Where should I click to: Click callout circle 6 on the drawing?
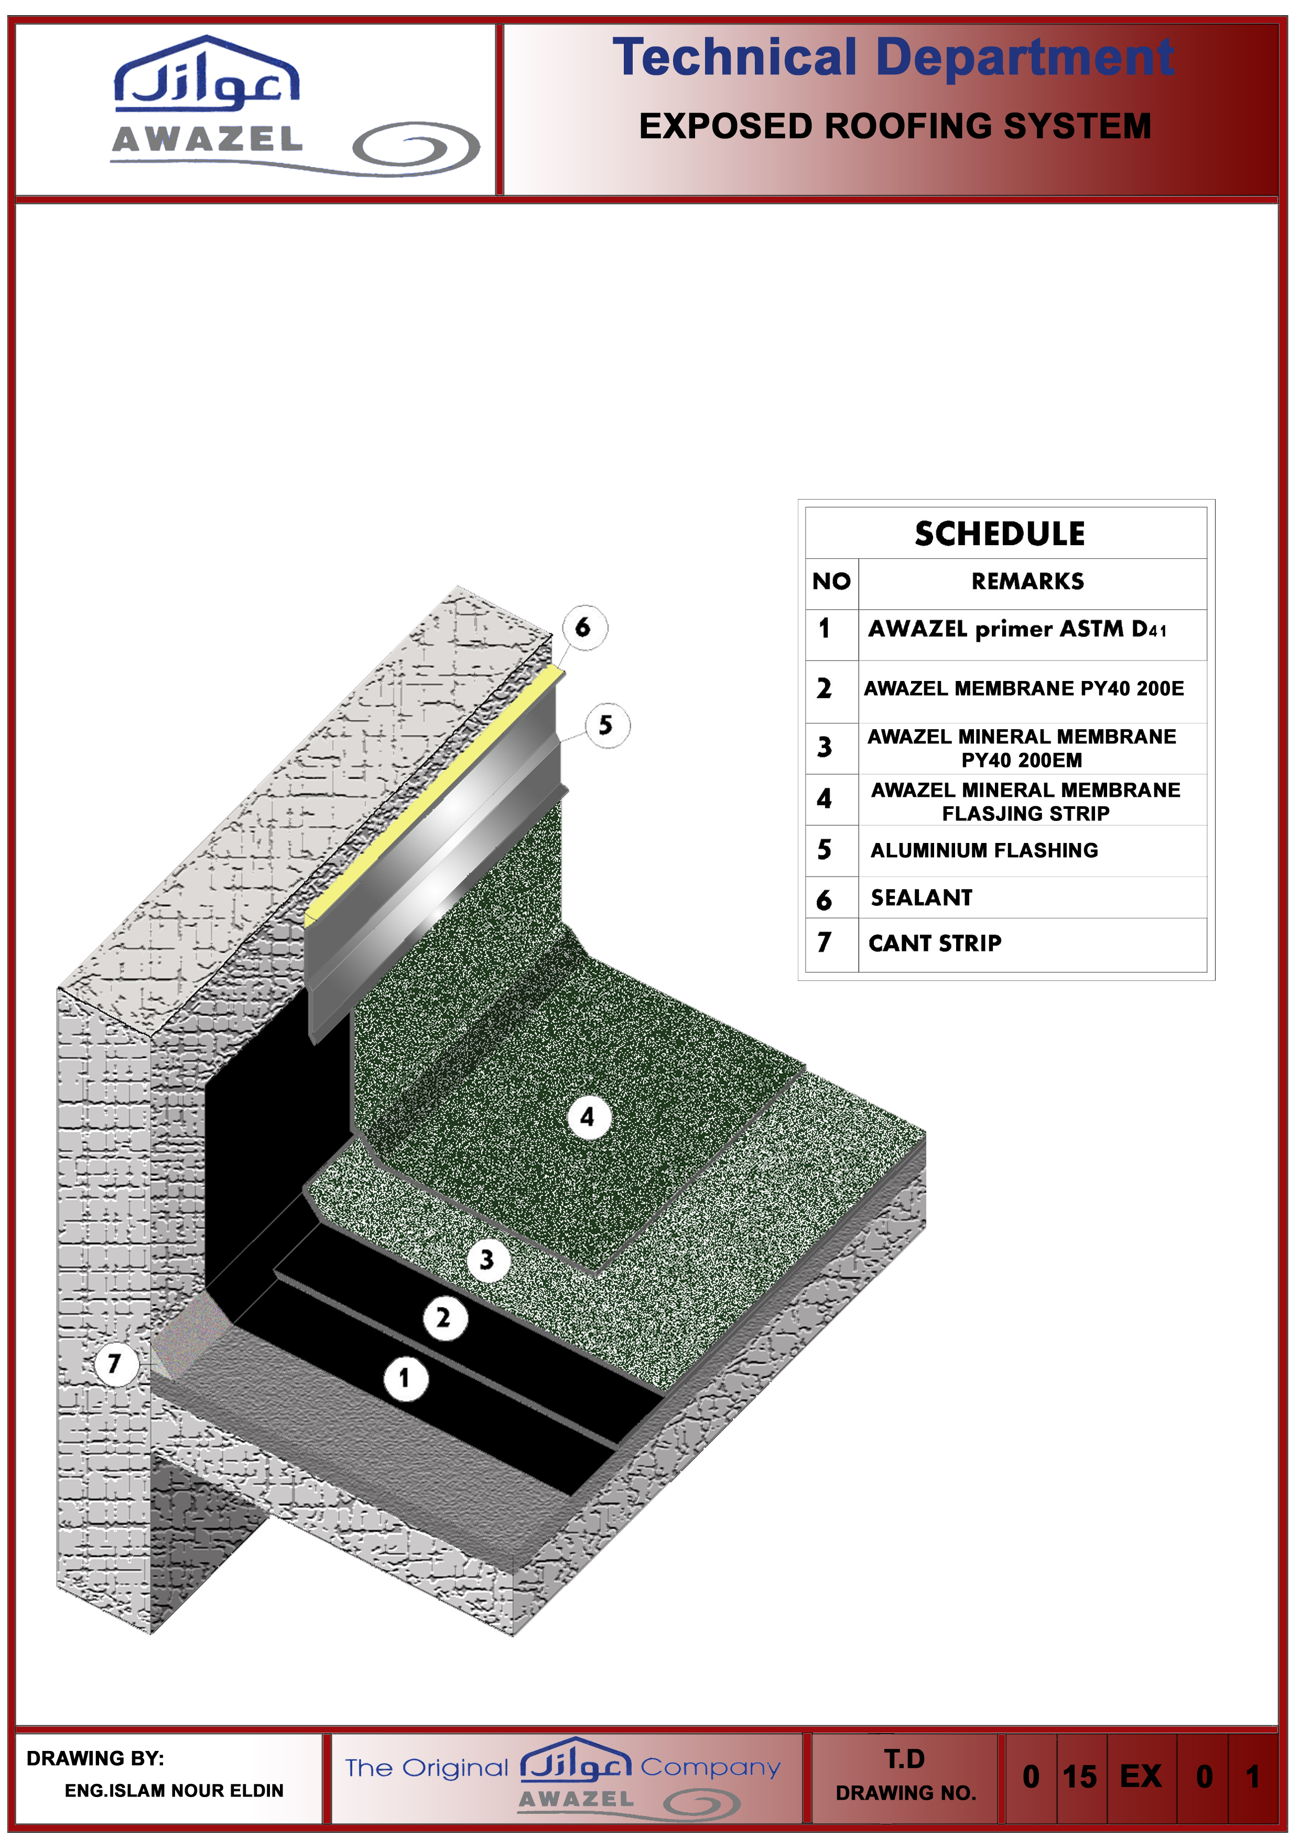pyautogui.click(x=584, y=627)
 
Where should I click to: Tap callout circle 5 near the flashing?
pyautogui.click(x=606, y=725)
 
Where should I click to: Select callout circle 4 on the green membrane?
pyautogui.click(x=588, y=1117)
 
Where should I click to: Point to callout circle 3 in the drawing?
pyautogui.click(x=488, y=1260)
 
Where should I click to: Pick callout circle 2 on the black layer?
pyautogui.click(x=445, y=1317)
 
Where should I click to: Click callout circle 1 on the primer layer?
pyautogui.click(x=405, y=1378)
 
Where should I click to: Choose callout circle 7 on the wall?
pyautogui.click(x=115, y=1362)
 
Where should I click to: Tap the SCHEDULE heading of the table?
pyautogui.click(x=1000, y=534)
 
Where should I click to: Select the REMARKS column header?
pyautogui.click(x=1027, y=581)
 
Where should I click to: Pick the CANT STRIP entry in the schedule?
pyautogui.click(x=935, y=943)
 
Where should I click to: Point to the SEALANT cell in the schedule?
pyautogui.click(x=921, y=897)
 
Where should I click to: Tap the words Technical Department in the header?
pyautogui.click(x=893, y=58)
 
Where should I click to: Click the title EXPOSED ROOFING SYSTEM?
pyautogui.click(x=895, y=126)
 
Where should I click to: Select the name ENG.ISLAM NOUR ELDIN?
pyautogui.click(x=174, y=1790)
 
